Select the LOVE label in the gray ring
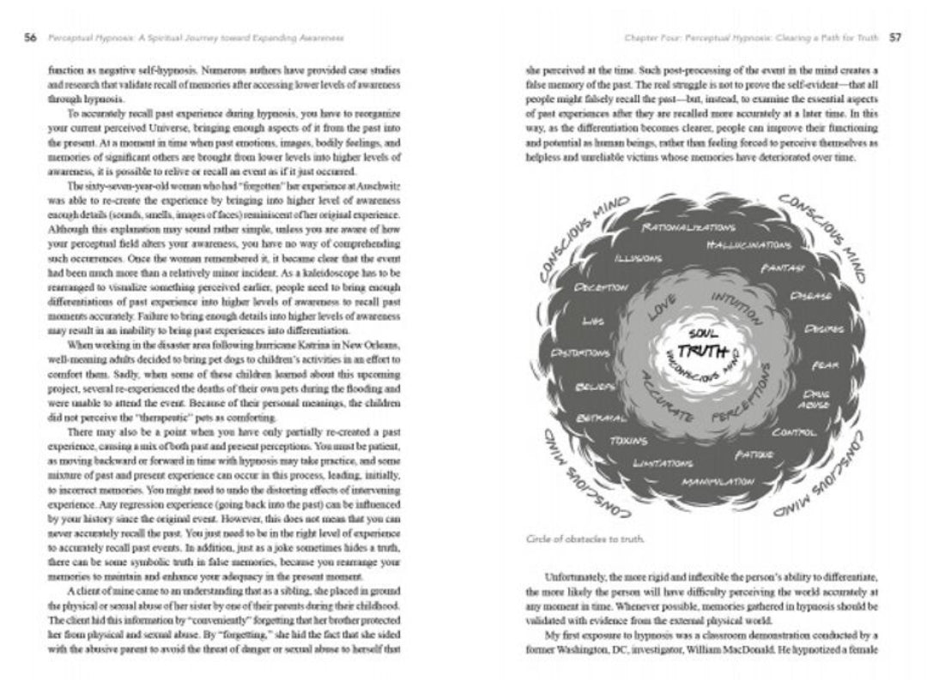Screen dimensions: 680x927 pyautogui.click(x=662, y=308)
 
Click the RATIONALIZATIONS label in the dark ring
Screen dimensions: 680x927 pyautogui.click(x=688, y=230)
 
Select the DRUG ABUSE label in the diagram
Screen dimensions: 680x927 pyautogui.click(x=815, y=398)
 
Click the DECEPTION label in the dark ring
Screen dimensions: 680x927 pyautogui.click(x=602, y=287)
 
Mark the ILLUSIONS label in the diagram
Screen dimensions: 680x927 pyautogui.click(x=637, y=258)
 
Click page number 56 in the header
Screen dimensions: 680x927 pyautogui.click(x=29, y=39)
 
